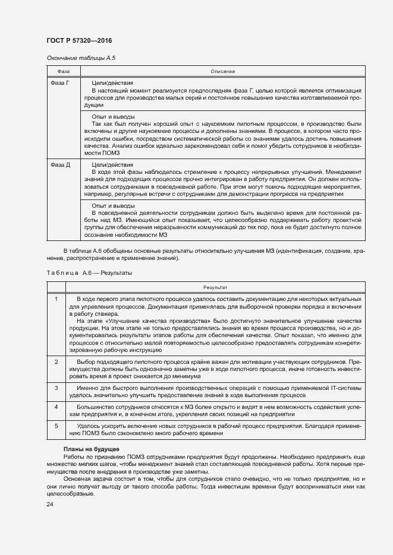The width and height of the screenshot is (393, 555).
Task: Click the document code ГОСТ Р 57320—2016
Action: point(79,40)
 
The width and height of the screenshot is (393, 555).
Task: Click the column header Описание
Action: point(222,71)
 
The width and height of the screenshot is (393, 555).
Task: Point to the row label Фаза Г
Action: point(60,83)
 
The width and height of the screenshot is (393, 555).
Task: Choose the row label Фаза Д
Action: point(60,164)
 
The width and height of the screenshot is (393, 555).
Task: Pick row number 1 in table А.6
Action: point(56,298)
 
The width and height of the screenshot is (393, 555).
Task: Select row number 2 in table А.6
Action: point(56,361)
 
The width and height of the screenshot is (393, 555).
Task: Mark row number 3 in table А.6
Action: point(56,387)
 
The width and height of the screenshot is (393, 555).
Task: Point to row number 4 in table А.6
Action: point(56,407)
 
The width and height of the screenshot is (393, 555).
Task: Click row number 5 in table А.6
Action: point(56,426)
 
